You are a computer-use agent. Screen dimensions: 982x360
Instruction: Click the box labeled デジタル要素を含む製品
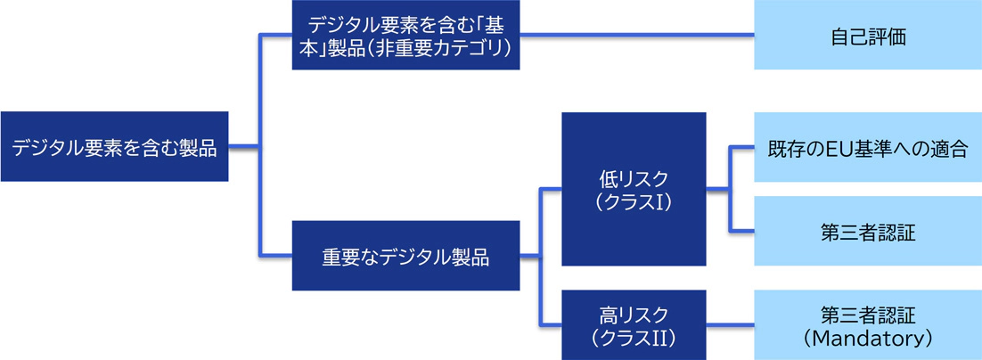115,146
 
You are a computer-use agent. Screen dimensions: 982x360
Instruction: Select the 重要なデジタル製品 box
405,256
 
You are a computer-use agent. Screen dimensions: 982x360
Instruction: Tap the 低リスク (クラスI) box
634,189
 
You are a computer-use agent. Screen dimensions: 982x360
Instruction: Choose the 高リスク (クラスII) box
634,325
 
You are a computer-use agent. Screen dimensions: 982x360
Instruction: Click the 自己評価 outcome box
868,35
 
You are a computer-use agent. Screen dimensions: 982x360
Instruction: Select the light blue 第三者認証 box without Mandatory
868,231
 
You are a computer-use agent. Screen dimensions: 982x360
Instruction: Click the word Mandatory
868,339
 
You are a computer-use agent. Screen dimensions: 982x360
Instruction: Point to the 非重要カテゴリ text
438,47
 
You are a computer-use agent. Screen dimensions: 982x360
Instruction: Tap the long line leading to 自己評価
637,35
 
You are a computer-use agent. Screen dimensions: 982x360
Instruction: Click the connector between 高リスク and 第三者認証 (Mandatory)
730,325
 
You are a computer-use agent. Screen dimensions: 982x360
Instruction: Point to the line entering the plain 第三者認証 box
741,231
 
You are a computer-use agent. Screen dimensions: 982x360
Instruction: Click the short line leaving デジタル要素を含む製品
243,146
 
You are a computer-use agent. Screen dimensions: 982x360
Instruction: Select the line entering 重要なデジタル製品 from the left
275,256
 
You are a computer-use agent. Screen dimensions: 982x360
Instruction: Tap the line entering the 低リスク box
550,189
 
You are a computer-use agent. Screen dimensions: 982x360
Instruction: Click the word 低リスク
634,177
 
